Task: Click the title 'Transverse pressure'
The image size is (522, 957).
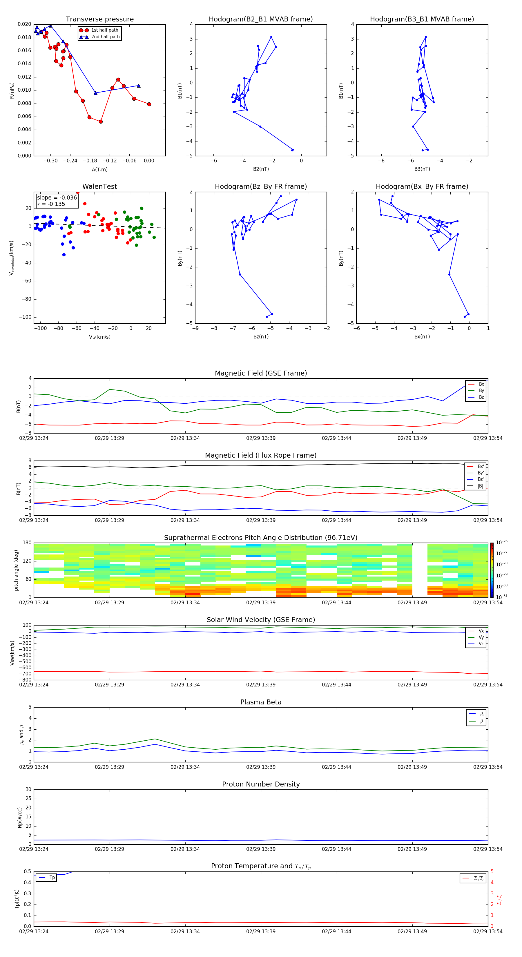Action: pos(99,19)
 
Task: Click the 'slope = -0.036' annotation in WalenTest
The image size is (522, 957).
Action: pos(57,198)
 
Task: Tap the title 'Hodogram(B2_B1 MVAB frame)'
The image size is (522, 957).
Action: pos(260,19)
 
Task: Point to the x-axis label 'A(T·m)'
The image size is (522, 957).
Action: pos(99,170)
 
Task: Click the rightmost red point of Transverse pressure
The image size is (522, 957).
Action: pos(149,104)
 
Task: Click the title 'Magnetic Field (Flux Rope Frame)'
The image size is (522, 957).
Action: pos(260,456)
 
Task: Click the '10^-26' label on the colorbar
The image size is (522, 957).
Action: pos(502,542)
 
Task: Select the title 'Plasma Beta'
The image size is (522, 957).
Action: pos(260,702)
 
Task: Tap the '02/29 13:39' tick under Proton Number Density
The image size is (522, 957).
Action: pos(260,849)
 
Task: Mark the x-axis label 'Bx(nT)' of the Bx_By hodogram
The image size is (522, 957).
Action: pos(422,337)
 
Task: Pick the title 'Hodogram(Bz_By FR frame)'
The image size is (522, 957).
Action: pos(260,186)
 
